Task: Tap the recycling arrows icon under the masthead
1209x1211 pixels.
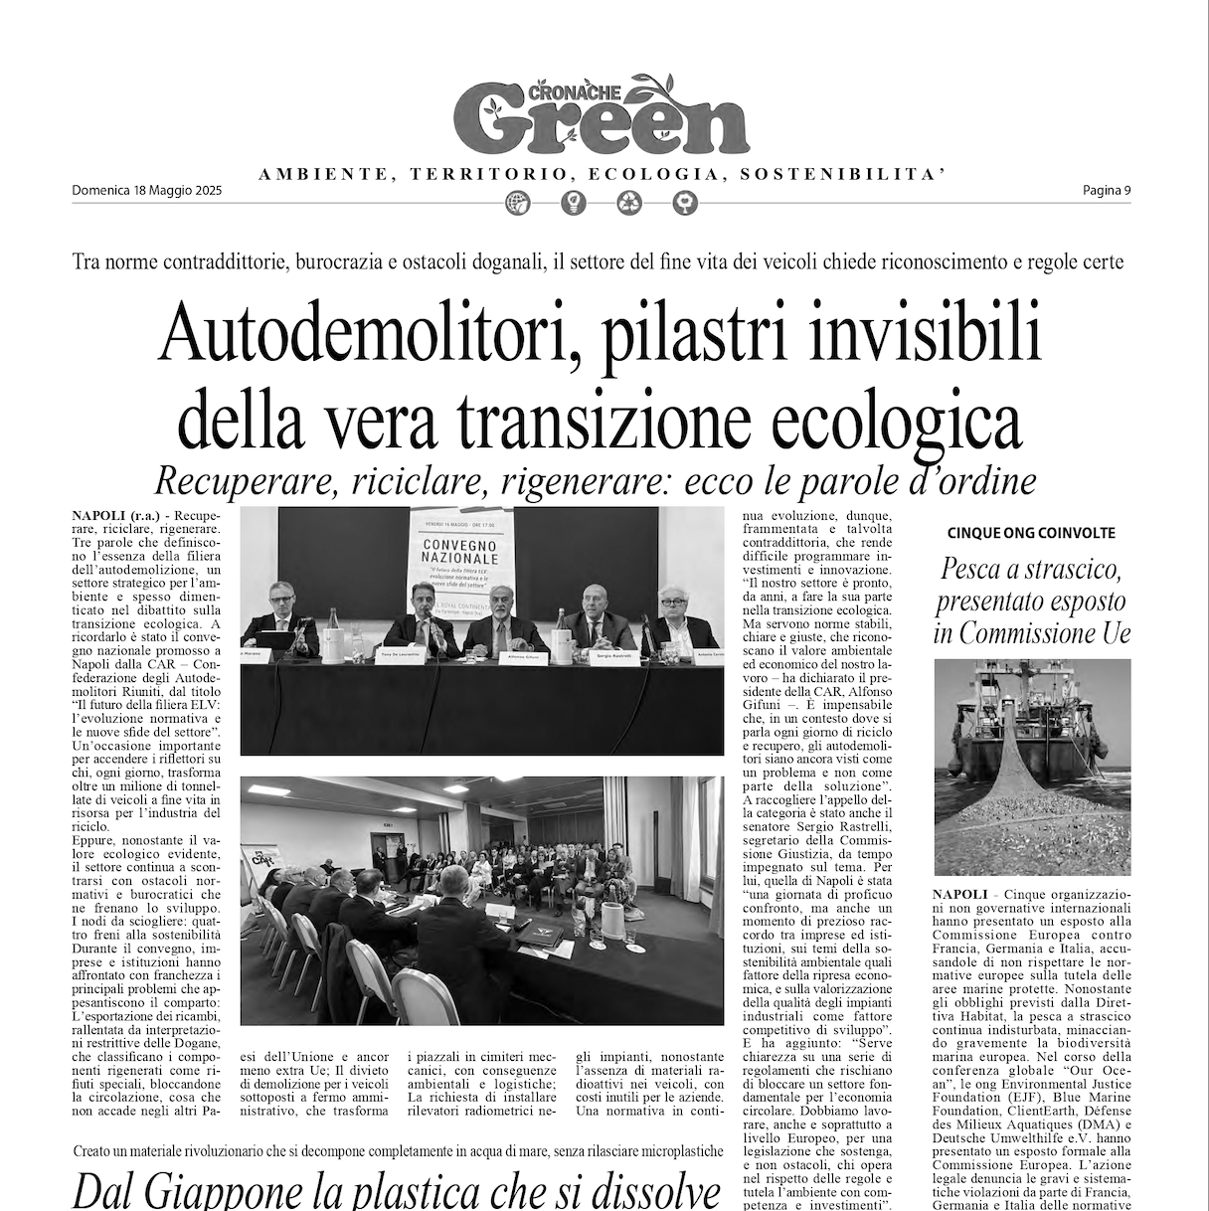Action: pyautogui.click(x=630, y=204)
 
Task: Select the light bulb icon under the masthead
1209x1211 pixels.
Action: pyautogui.click(x=574, y=204)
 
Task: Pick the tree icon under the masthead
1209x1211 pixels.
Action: pyautogui.click(x=685, y=204)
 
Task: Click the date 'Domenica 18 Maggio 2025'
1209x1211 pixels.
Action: pyautogui.click(x=147, y=192)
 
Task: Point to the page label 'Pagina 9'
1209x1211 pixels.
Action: pyautogui.click(x=1107, y=192)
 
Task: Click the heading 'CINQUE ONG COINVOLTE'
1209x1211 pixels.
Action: pyautogui.click(x=1031, y=533)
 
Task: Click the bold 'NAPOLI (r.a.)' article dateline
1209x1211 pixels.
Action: pyautogui.click(x=112, y=515)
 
